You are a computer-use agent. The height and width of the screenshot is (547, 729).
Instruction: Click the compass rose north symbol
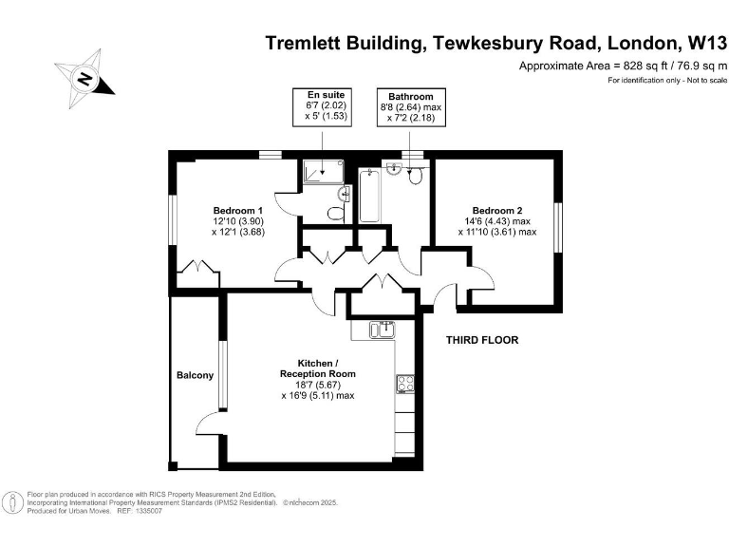point(84,78)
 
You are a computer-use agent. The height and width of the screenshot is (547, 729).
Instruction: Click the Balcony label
point(195,375)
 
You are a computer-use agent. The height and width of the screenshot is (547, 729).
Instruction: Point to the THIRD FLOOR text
point(482,340)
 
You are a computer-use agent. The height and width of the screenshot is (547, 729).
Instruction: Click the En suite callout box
point(322,107)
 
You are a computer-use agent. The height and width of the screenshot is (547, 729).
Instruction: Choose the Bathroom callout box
point(411,107)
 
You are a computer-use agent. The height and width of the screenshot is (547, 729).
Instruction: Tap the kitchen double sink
point(383,330)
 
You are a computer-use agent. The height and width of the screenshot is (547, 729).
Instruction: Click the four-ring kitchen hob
point(405,385)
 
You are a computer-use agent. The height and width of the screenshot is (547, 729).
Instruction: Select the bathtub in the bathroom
point(369,196)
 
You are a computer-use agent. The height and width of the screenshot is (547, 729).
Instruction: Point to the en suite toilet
point(336,214)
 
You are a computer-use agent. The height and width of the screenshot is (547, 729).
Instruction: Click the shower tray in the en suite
point(323,171)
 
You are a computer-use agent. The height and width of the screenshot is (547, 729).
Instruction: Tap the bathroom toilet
point(415,177)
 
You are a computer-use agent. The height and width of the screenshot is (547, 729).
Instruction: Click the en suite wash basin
point(344,194)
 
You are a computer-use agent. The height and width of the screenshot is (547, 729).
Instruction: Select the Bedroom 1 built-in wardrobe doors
point(198,268)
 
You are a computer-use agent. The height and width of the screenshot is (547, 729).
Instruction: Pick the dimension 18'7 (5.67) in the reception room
point(318,385)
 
